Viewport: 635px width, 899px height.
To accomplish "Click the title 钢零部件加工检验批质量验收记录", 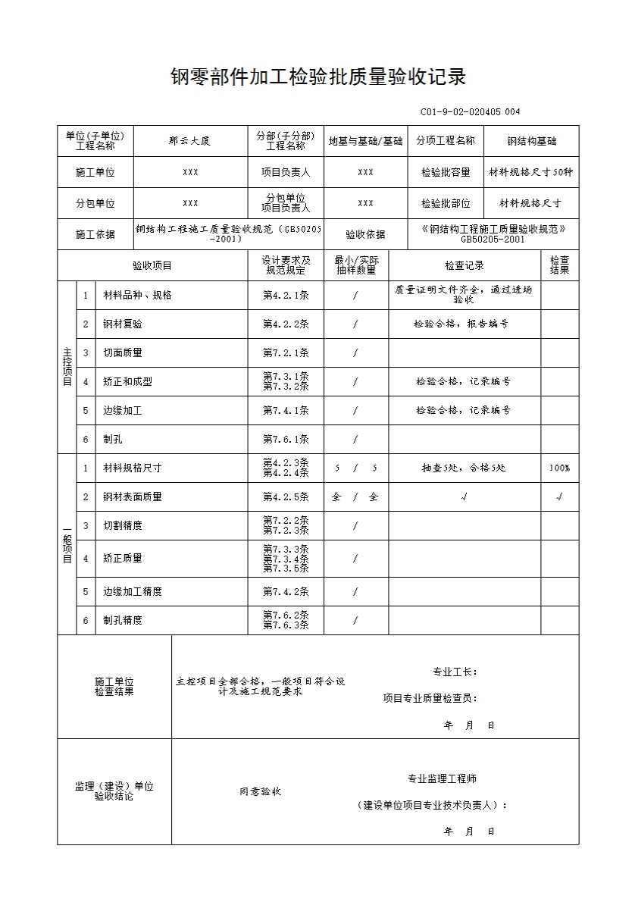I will click(317, 77).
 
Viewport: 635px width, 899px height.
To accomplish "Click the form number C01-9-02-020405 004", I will click(470, 112).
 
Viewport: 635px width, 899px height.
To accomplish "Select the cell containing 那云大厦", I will click(190, 141).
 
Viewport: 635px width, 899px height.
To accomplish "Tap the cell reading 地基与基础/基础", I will click(365, 141).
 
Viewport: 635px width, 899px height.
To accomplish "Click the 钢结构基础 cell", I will click(531, 141).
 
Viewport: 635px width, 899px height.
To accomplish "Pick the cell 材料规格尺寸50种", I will click(531, 172).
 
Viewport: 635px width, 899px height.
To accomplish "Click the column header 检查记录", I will click(464, 266).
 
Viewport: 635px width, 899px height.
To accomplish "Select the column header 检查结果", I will click(559, 265).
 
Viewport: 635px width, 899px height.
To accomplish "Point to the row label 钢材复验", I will click(123, 324).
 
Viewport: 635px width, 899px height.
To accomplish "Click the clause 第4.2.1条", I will click(286, 295).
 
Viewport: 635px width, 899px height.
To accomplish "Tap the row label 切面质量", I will click(123, 352).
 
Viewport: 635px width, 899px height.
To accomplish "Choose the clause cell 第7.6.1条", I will click(286, 439).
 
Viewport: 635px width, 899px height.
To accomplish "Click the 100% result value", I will click(559, 468).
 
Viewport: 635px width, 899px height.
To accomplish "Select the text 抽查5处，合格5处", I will click(464, 468).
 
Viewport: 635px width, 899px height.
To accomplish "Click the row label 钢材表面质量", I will click(133, 497).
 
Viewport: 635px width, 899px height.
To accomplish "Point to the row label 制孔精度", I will click(123, 620).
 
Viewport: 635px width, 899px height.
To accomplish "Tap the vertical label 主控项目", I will click(67, 367).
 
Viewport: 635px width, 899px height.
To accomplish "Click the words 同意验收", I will click(261, 791).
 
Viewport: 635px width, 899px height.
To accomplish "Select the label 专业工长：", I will click(454, 672).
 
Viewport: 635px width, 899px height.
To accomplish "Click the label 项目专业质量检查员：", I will click(430, 699).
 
